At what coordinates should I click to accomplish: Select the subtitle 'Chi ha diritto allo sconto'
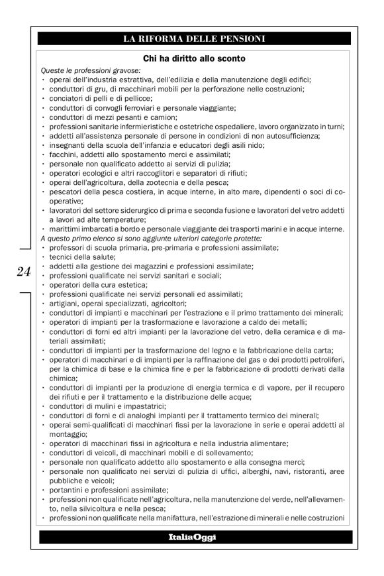pos(194,58)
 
